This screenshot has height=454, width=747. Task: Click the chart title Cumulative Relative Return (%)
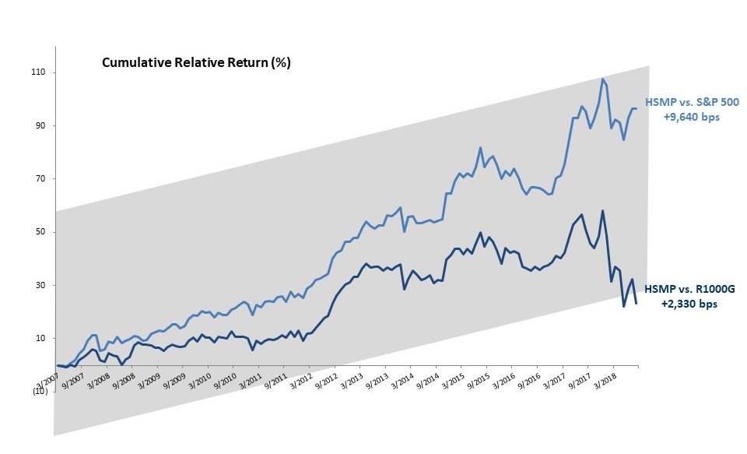(196, 63)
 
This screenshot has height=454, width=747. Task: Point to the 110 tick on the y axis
(40, 72)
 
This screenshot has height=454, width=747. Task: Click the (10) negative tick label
(40, 392)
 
